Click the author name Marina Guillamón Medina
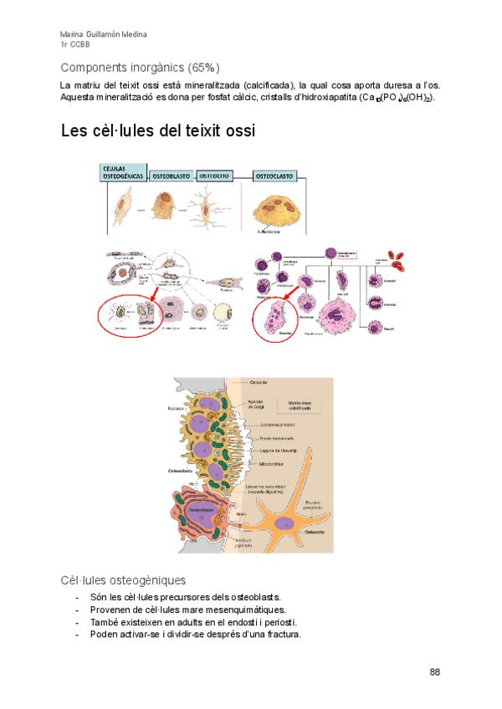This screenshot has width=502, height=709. pos(103,34)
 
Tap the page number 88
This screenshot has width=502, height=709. pos(434,672)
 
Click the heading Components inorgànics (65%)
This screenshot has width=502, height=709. pos(141,67)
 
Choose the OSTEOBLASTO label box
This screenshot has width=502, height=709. pos(172,177)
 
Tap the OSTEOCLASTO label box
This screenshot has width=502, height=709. pos(273,177)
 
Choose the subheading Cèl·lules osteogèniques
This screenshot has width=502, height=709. pos(123,579)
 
